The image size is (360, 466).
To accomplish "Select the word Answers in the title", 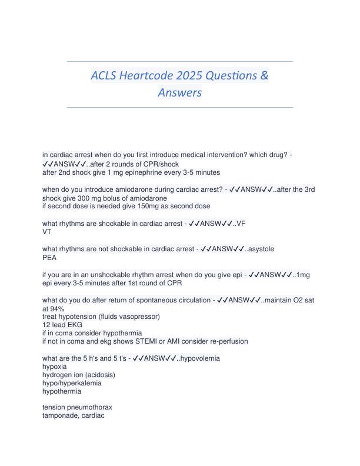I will coord(180,93).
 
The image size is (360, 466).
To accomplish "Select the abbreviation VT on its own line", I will coord(47,232).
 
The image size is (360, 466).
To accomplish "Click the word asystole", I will coord(259,249).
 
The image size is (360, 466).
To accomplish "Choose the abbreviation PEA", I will coord(49,257).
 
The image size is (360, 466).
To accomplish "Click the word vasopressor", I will coord(140,317).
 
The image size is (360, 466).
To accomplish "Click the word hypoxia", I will coord(55,366).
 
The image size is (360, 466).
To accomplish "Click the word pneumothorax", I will coord(89,407).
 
